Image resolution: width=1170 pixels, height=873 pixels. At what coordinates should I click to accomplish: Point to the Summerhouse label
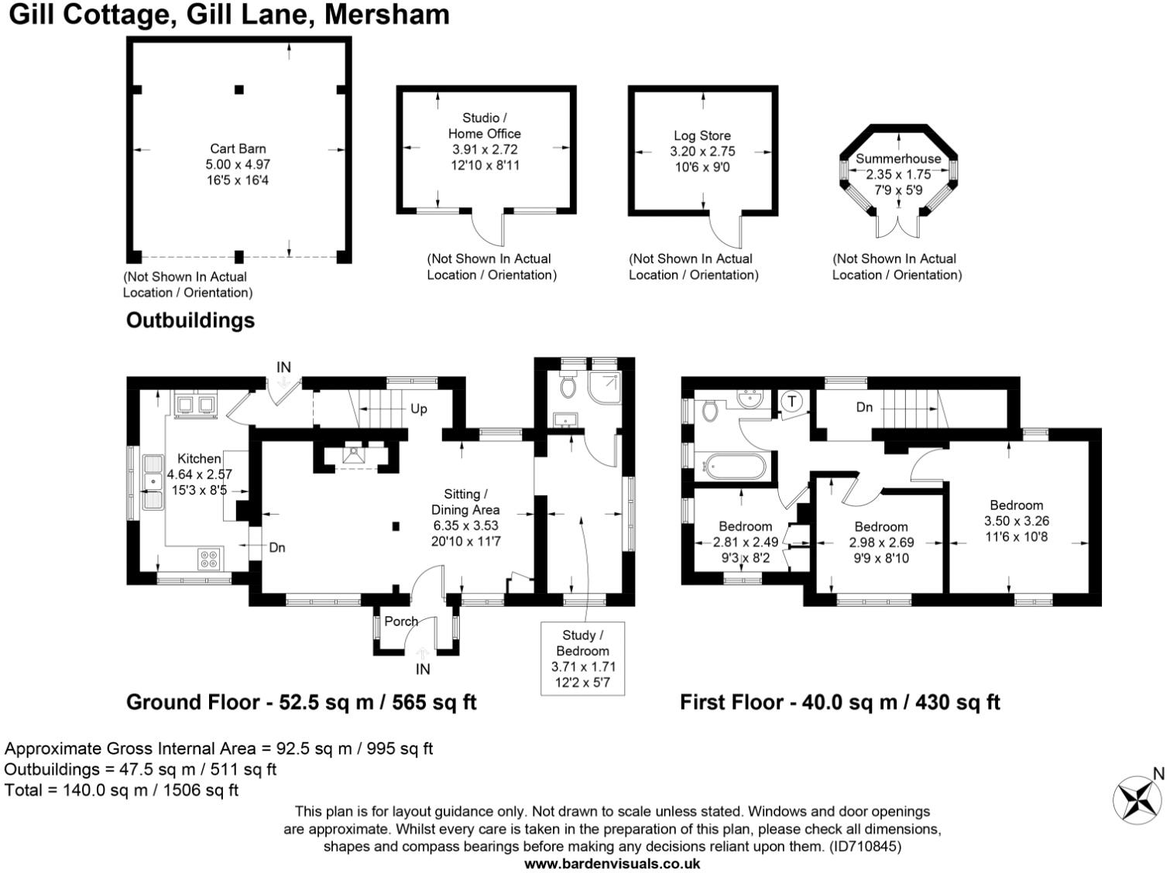point(898,159)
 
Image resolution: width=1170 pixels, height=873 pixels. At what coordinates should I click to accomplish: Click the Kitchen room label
point(199,459)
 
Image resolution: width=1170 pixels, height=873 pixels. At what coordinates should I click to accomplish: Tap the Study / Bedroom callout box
point(582,659)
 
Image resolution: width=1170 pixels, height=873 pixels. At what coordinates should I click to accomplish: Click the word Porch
point(401,621)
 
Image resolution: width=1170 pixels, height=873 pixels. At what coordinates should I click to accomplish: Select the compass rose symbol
point(1137,800)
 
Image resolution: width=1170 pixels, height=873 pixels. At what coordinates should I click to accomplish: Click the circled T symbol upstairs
point(792,402)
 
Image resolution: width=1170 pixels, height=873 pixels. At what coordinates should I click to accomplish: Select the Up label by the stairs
point(418,409)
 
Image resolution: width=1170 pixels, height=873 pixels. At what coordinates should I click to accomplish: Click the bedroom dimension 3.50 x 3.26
point(1016,521)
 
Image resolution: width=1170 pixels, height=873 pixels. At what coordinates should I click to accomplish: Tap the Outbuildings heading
point(190,320)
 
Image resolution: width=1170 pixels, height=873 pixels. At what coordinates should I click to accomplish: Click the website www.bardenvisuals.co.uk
point(612,864)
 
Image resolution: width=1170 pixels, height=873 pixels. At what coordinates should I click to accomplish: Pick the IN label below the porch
point(423,669)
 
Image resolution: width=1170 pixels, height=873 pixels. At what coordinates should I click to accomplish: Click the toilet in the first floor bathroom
point(710,411)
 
